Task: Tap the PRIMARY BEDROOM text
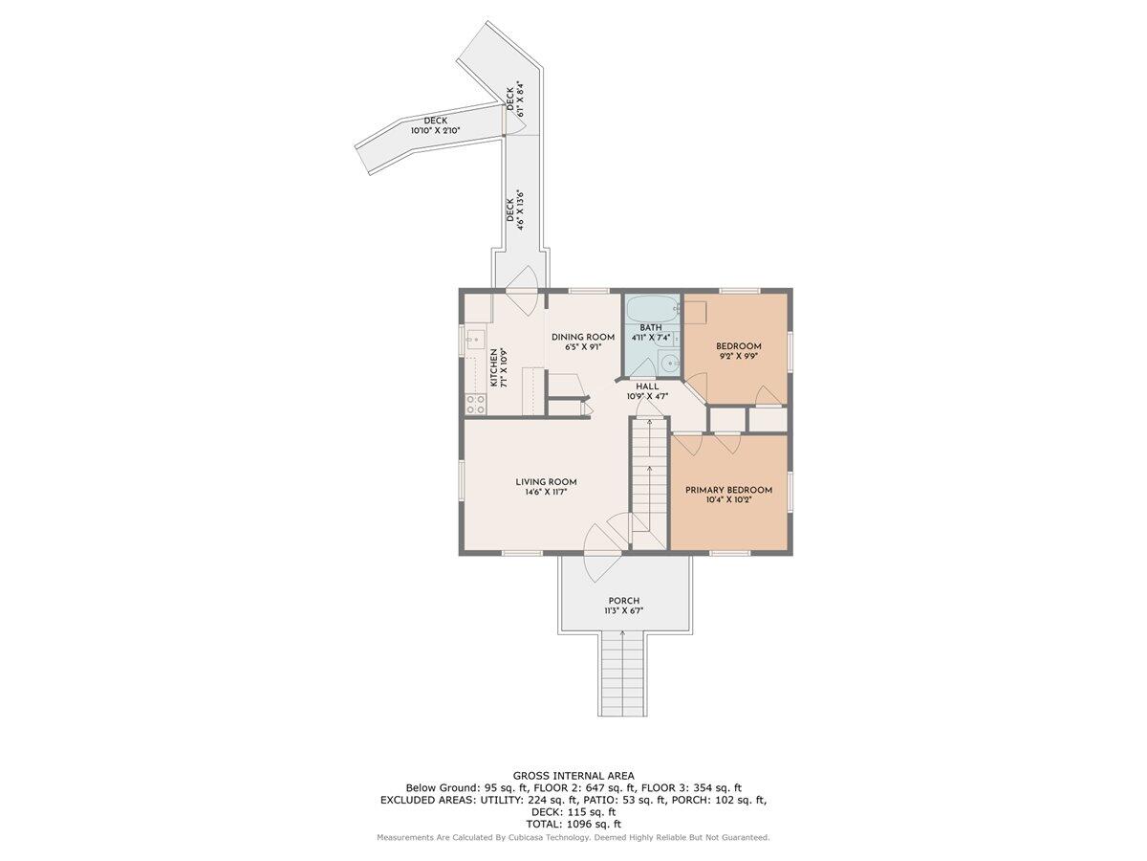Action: click(x=728, y=490)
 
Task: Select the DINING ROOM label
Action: click(x=582, y=337)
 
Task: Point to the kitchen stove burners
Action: click(x=474, y=404)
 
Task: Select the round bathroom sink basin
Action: click(x=669, y=363)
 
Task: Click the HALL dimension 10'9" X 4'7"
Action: click(x=647, y=396)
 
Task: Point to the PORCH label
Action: click(x=623, y=601)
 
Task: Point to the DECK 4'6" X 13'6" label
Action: click(x=515, y=210)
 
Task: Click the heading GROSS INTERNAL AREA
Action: click(x=573, y=776)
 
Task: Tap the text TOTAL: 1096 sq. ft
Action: click(x=573, y=823)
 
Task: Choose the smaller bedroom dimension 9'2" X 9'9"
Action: click(x=739, y=356)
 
